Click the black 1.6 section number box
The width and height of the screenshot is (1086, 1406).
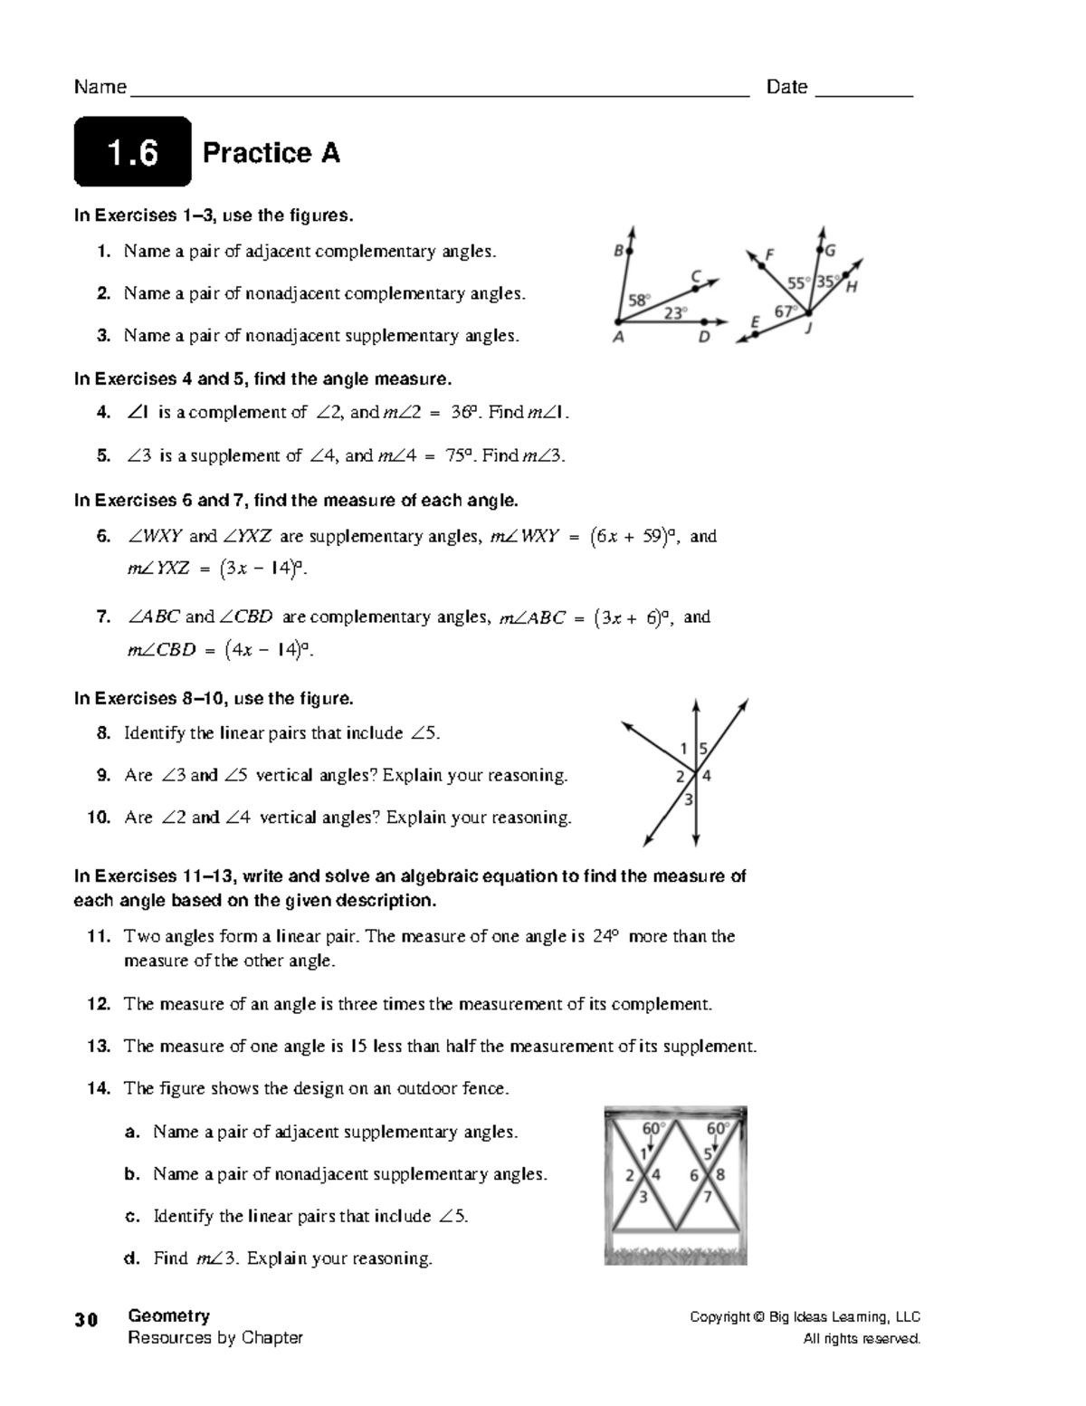(x=132, y=152)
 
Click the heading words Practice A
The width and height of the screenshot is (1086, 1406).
(x=271, y=153)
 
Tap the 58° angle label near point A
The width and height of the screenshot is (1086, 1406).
(x=640, y=299)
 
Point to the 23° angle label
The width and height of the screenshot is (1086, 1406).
(x=675, y=313)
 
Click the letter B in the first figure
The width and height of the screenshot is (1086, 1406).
(x=619, y=253)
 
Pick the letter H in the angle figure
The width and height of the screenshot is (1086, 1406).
(x=852, y=288)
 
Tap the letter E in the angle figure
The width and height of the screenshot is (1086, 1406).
(x=755, y=320)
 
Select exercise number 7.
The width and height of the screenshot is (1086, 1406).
(x=103, y=617)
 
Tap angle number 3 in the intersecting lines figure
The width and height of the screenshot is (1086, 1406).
(x=689, y=799)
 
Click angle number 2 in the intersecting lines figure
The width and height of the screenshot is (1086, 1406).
(x=680, y=777)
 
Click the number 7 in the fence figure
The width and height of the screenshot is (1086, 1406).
(x=709, y=1197)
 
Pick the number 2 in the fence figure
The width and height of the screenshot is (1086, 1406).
(x=630, y=1176)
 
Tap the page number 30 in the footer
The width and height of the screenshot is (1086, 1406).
(x=86, y=1319)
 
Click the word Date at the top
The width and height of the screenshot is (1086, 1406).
(x=786, y=87)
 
